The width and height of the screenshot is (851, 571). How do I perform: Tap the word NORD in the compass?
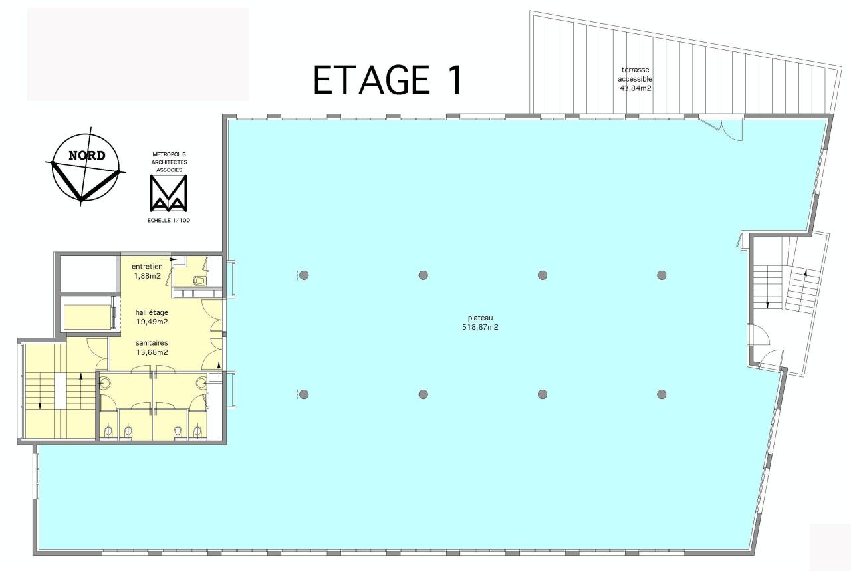point(86,156)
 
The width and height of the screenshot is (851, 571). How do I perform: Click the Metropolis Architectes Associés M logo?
point(168,194)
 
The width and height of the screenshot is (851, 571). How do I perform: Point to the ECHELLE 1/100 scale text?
point(168,219)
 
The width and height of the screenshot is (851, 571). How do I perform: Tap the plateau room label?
point(480,318)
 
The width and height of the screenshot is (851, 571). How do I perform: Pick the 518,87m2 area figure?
point(480,327)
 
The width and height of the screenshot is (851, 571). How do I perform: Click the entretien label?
point(147,267)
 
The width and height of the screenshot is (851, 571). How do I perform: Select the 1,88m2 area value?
point(147,276)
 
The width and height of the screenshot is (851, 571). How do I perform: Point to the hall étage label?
point(152,312)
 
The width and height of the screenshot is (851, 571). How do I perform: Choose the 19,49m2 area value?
point(152,322)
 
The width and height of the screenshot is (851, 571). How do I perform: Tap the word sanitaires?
point(152,343)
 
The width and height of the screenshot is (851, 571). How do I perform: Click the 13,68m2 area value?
point(152,352)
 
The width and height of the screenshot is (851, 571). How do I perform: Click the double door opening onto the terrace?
point(723,128)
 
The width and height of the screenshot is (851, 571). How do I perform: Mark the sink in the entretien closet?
point(199,280)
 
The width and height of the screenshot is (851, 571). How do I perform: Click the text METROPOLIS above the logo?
point(168,154)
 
